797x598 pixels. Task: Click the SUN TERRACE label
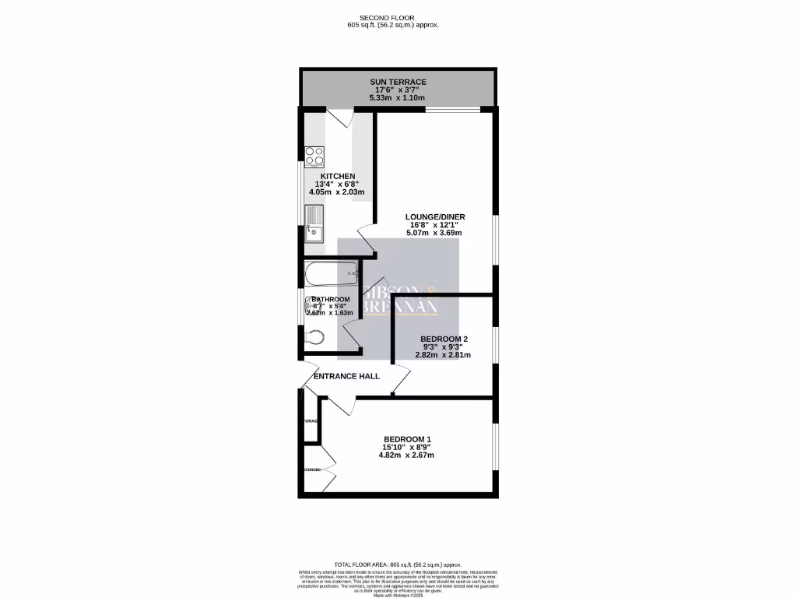pos(398,82)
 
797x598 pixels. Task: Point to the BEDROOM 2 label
pos(444,339)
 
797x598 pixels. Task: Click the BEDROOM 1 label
pos(407,439)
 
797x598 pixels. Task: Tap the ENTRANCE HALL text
pos(346,376)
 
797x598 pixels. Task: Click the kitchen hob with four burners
pos(314,156)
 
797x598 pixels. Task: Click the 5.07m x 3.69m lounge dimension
pos(434,233)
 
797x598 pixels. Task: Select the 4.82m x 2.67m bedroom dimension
pos(407,456)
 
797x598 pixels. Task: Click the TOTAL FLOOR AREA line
pos(398,564)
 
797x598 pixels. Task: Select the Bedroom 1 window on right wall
pos(494,446)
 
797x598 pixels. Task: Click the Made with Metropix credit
pos(398,594)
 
